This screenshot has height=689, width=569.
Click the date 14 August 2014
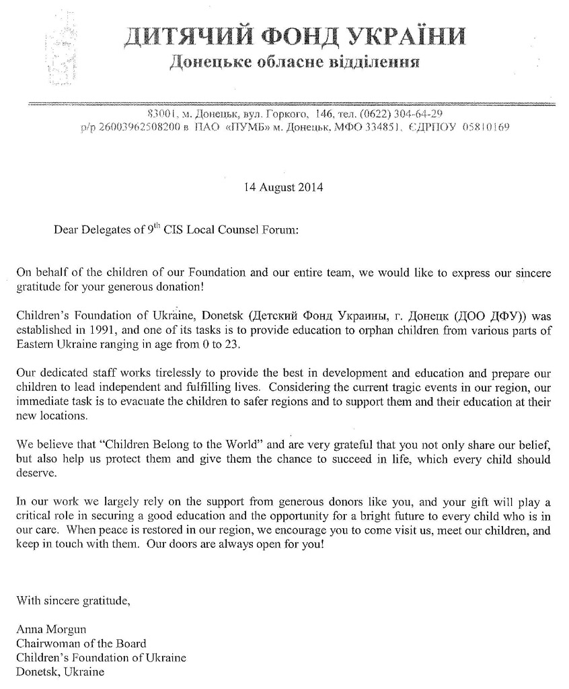tap(282, 187)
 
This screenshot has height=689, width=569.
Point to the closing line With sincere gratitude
tap(73, 600)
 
